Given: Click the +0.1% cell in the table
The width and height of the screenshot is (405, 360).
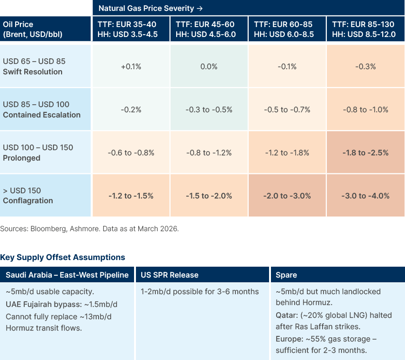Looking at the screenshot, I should pos(131,67).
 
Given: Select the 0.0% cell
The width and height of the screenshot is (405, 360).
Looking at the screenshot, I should pos(209,67).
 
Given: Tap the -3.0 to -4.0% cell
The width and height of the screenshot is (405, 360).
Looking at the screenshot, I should pos(365,196).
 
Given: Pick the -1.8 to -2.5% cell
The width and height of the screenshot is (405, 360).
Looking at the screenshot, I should pos(365,153).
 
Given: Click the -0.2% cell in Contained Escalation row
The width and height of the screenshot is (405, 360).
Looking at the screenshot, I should pos(131,109).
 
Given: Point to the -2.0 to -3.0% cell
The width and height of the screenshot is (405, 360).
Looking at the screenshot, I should pos(287,196).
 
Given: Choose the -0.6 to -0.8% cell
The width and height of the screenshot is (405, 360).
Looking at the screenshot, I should pos(131,153).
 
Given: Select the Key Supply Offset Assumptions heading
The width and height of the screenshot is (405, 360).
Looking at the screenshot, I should pos(63,257).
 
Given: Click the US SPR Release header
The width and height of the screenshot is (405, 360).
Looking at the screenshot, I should pos(170,275).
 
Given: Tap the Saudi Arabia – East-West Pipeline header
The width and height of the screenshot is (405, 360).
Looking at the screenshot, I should pos(67,275).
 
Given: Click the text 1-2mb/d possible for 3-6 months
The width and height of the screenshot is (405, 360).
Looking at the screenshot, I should pos(199,291).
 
